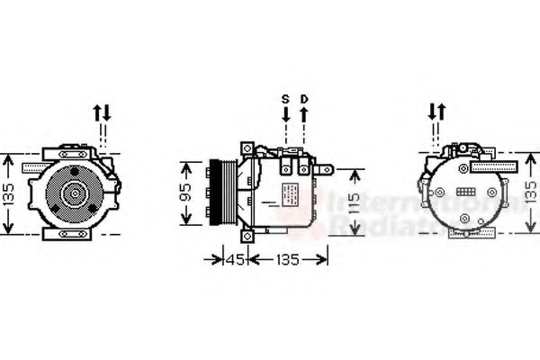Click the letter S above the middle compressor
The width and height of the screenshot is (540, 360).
pyautogui.click(x=285, y=98)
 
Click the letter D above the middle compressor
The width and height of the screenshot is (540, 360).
pyautogui.click(x=303, y=98)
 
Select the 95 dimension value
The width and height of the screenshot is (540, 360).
pyautogui.click(x=187, y=194)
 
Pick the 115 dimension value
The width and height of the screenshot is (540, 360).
pyautogui.click(x=355, y=202)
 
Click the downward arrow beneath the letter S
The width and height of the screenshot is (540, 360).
pyautogui.click(x=285, y=114)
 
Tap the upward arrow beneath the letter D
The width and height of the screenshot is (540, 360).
pyautogui.click(x=303, y=114)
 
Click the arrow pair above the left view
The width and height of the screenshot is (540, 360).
pyautogui.click(x=102, y=112)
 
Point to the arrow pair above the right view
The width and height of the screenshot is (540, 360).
pyautogui.click(x=436, y=112)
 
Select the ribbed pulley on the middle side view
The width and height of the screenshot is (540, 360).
pyautogui.click(x=217, y=193)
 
